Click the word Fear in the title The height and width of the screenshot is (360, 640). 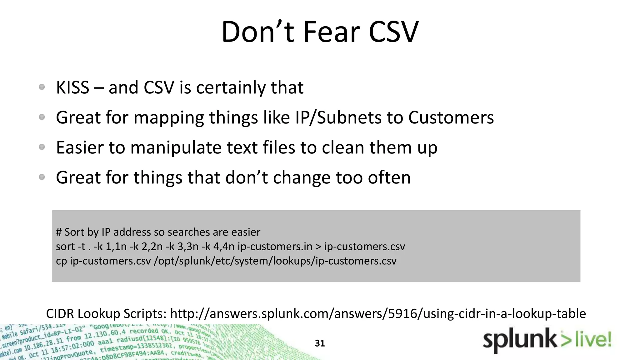pyautogui.click(x=331, y=32)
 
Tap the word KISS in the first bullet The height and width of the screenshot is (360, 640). pyautogui.click(x=72, y=87)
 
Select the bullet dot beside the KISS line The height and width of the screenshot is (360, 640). pyautogui.click(x=42, y=87)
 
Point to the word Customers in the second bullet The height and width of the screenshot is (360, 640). pyautogui.click(x=451, y=118)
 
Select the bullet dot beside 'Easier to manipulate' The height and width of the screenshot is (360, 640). pyautogui.click(x=42, y=147)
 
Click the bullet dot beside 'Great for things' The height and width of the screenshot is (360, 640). pyautogui.click(x=42, y=177)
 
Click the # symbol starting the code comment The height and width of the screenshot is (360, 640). pyautogui.click(x=59, y=232)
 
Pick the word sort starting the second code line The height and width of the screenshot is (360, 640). pyautogui.click(x=65, y=247)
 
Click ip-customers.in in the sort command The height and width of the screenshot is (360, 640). pyautogui.click(x=275, y=247)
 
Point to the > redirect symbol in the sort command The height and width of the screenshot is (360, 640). pyautogui.click(x=318, y=247)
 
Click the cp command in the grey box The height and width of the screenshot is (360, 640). pyautogui.click(x=61, y=261)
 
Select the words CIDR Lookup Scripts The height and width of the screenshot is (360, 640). pyautogui.click(x=106, y=313)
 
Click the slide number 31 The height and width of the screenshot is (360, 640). pyautogui.click(x=320, y=343)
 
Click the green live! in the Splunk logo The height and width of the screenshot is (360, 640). pyautogui.click(x=593, y=340)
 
